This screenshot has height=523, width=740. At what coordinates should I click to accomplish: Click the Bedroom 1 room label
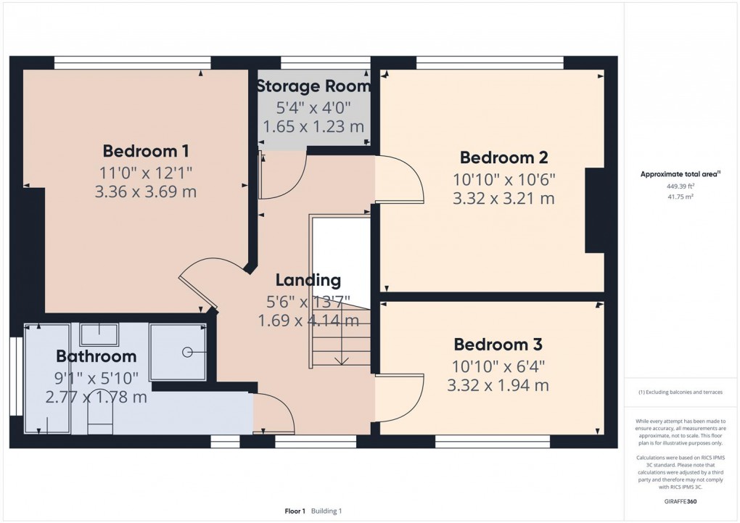click(146, 151)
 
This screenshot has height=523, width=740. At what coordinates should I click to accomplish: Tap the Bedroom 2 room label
click(504, 157)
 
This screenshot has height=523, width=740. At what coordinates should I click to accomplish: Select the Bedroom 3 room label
click(498, 345)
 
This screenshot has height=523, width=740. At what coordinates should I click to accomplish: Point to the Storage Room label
click(313, 86)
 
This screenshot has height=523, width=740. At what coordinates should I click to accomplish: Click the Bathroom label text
click(96, 356)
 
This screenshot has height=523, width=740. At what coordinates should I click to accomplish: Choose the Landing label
click(308, 280)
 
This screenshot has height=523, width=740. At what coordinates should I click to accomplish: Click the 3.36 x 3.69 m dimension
click(146, 192)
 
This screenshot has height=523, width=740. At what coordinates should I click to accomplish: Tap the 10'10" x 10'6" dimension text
click(504, 179)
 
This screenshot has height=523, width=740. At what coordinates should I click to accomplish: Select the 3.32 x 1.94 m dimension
click(498, 386)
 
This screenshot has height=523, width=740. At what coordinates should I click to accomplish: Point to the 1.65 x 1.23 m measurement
click(313, 126)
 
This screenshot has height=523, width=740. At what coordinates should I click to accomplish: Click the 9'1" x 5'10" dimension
click(96, 378)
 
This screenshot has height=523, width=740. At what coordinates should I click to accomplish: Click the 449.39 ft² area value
click(680, 186)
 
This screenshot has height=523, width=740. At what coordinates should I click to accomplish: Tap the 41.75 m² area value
click(680, 197)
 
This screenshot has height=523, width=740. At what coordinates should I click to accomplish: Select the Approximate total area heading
click(680, 174)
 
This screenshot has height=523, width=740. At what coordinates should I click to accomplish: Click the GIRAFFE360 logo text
click(680, 501)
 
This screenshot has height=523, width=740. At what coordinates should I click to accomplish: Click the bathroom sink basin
click(99, 334)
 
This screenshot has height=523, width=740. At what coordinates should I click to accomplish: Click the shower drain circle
click(187, 352)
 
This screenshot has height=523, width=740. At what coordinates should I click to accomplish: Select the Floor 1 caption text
click(295, 511)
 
